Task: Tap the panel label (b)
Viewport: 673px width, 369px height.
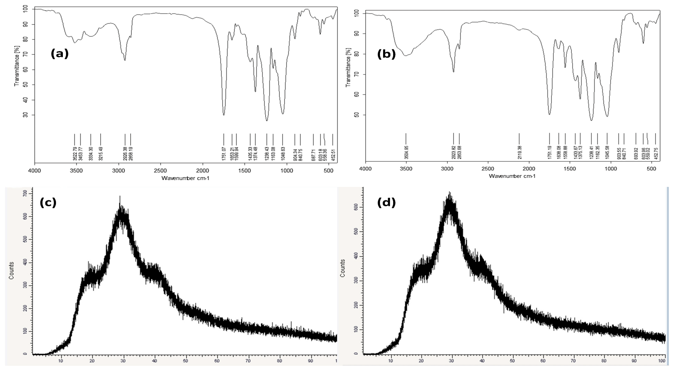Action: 386,54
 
